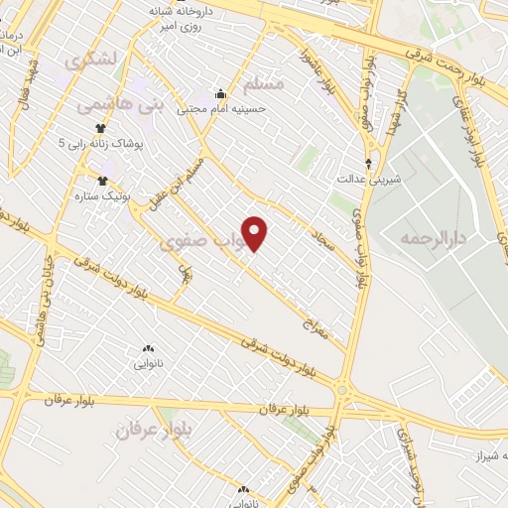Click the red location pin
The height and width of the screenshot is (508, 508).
pos(255,233)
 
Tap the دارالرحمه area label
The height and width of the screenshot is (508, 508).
pos(434,239)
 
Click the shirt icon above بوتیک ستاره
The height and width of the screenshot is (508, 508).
pos(102,181)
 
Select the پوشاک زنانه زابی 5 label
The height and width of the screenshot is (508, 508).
pos(101,144)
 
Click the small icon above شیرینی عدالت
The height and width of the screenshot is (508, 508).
pos(370,164)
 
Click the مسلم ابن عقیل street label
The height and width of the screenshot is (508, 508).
pos(189,176)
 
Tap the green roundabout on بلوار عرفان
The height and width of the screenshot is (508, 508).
pos(343,391)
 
